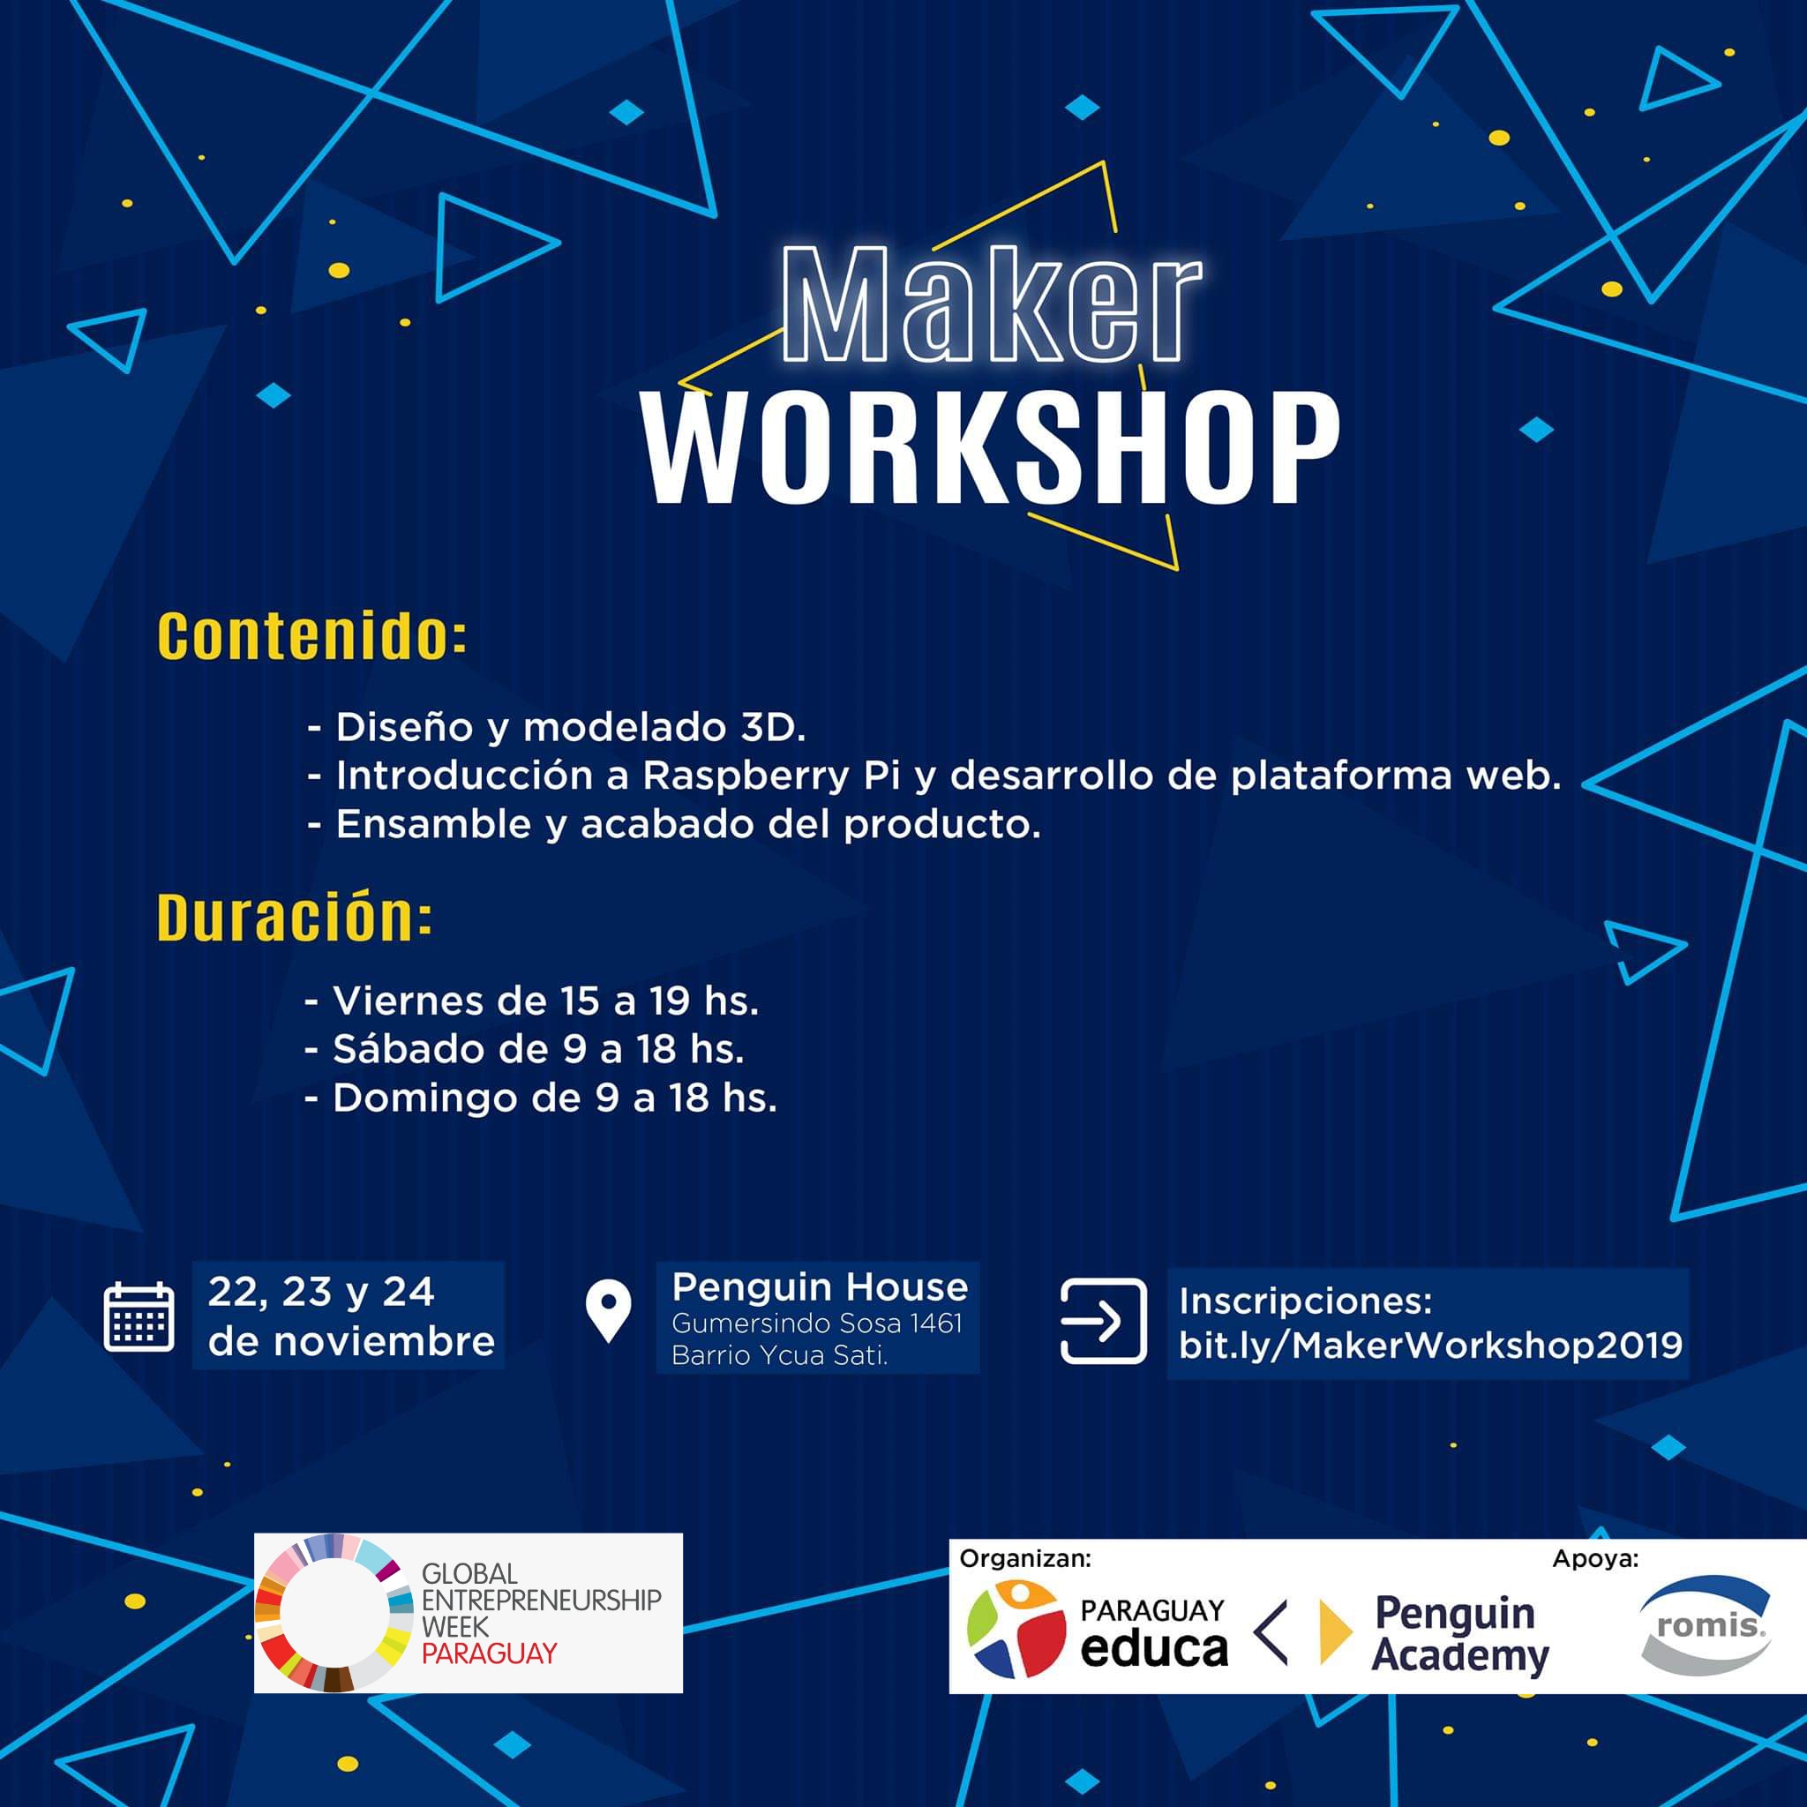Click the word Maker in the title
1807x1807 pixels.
pos(992,304)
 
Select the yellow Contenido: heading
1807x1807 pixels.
pos(311,636)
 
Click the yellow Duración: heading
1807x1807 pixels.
pos(295,917)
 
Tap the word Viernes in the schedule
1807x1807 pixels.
pos(408,1001)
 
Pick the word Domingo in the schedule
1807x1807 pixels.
pos(424,1098)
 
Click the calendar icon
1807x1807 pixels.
pos(139,1317)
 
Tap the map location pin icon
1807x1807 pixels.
pos(608,1311)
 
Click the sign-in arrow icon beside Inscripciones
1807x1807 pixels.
pos(1103,1321)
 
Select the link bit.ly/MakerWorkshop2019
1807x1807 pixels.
pos(1430,1345)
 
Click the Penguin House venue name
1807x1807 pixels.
pos(820,1287)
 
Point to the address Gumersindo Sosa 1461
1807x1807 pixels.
pos(816,1323)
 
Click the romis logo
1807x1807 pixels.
pos(1707,1625)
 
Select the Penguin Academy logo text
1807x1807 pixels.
pos(1461,1633)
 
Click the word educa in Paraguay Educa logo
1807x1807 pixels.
pos(1153,1648)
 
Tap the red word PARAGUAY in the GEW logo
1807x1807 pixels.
pos(489,1653)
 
